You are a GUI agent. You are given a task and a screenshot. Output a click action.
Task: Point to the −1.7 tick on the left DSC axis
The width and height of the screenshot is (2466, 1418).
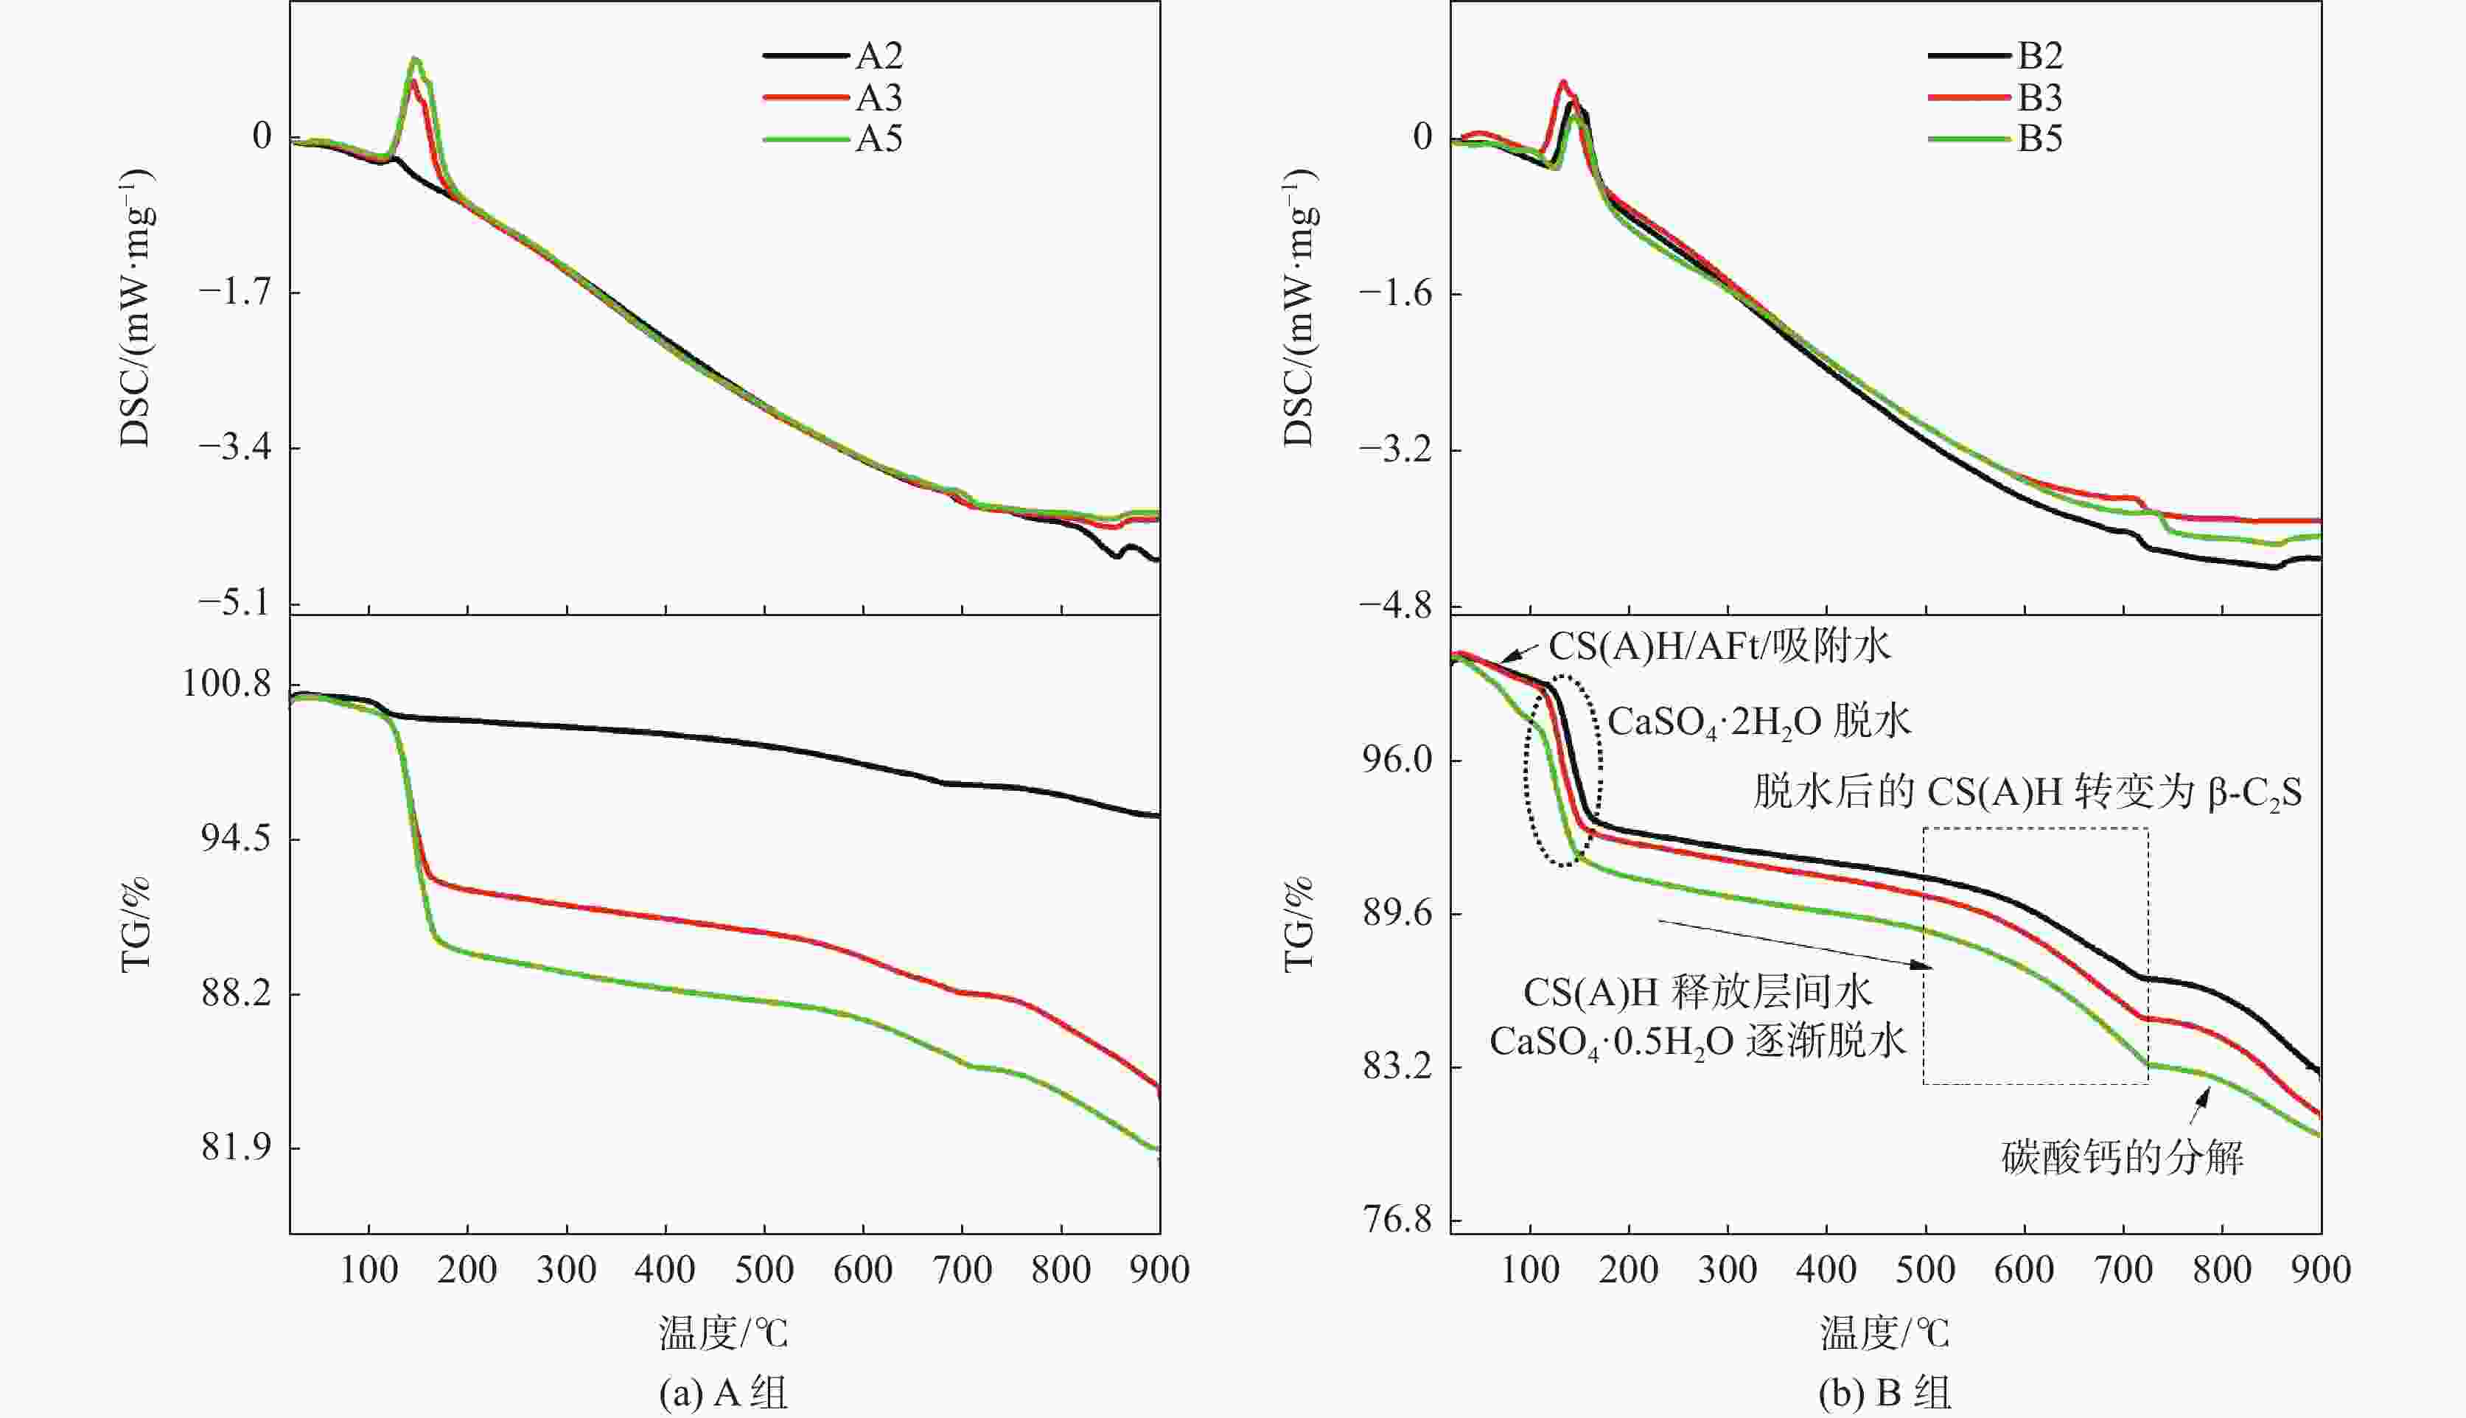pos(237,292)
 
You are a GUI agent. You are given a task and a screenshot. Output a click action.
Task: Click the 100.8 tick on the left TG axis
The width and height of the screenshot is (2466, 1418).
pos(227,685)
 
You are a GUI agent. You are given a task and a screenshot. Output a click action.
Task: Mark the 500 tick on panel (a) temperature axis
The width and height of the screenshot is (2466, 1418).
pos(764,1270)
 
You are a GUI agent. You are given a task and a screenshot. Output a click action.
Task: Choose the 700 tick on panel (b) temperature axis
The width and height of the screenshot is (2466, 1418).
pos(2123,1270)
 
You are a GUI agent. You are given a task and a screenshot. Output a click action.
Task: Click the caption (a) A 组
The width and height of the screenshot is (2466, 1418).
pos(724,1394)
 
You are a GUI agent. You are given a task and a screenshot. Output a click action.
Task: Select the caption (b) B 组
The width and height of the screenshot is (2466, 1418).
pos(1885,1394)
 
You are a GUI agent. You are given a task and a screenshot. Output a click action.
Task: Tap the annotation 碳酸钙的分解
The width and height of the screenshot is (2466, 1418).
pos(2123,1158)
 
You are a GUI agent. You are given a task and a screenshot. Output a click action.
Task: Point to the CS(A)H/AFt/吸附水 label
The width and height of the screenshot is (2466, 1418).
pos(1719,646)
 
